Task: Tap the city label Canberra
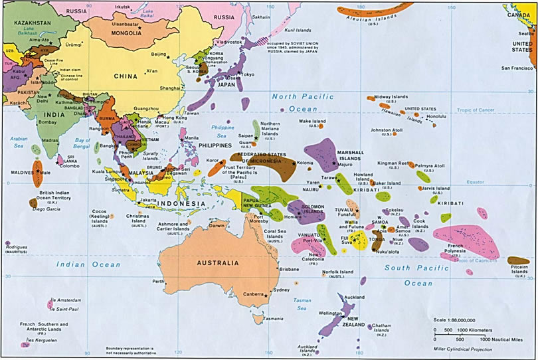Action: (253, 294)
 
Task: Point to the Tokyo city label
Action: (246, 74)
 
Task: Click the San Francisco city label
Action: (517, 68)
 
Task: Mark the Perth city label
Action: (158, 282)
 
